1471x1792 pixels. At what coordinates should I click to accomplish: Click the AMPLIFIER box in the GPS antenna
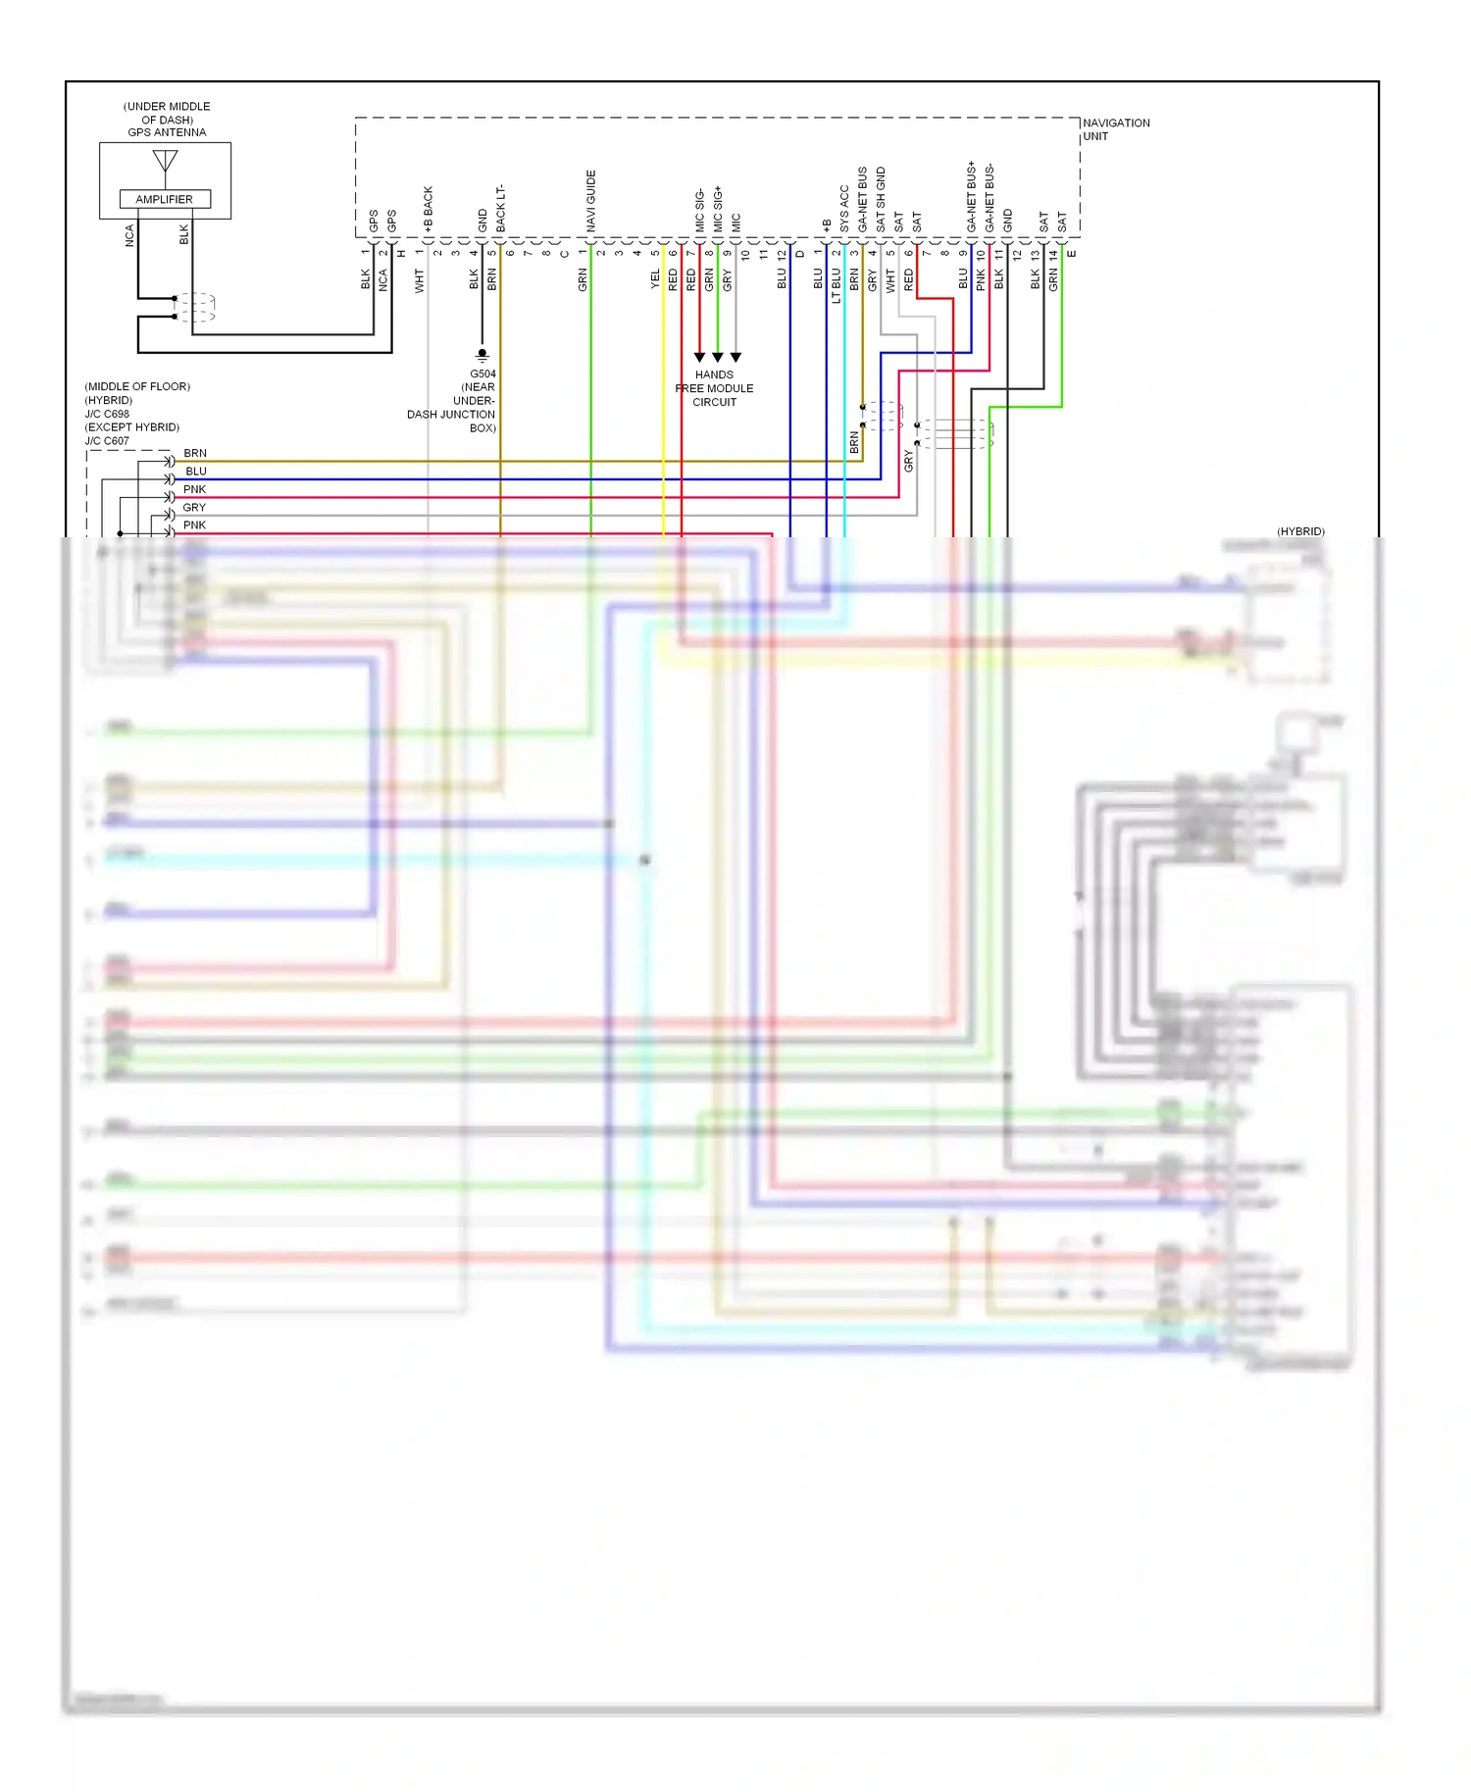[165, 199]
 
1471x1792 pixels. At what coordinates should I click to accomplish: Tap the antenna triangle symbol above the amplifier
[165, 161]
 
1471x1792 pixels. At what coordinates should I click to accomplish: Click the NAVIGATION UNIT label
[1115, 129]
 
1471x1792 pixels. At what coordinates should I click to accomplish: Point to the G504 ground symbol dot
[482, 352]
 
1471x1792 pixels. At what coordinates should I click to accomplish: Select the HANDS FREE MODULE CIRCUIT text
[714, 388]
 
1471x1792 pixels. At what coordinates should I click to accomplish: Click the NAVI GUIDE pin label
[590, 201]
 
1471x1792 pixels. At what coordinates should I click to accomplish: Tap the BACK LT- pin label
[500, 208]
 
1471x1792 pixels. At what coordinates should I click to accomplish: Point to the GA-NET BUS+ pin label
[971, 197]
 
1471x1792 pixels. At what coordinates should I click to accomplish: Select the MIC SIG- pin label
[699, 210]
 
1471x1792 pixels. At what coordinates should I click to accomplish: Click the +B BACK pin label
[428, 209]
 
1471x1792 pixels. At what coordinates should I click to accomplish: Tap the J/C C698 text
[107, 414]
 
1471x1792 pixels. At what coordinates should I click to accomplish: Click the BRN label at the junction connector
[195, 453]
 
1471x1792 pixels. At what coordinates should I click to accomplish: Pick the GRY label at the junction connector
[194, 507]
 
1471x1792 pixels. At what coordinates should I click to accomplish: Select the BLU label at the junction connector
[196, 472]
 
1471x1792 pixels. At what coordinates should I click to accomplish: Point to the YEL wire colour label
[655, 279]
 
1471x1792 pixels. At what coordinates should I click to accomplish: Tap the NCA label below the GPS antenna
[128, 235]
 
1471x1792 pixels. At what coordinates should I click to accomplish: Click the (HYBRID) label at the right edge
[1300, 531]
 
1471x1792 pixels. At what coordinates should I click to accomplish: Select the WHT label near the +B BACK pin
[419, 280]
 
